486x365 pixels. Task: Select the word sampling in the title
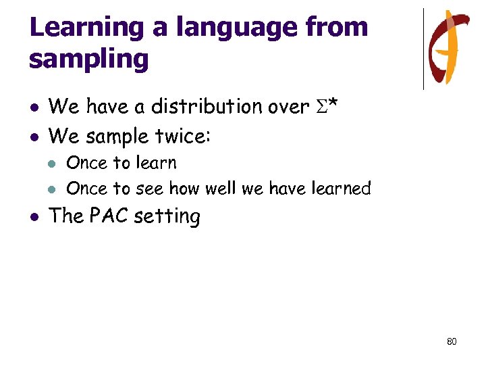pyautogui.click(x=88, y=59)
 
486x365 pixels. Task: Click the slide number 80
pyautogui.click(x=452, y=341)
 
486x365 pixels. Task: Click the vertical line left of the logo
pyautogui.click(x=423, y=49)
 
